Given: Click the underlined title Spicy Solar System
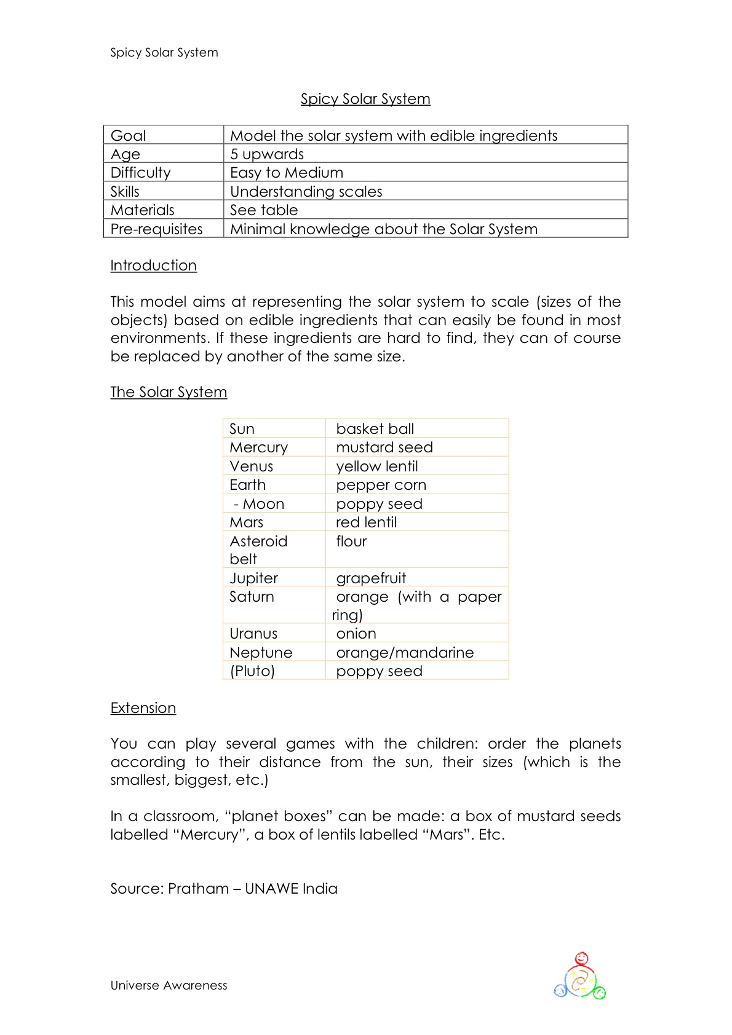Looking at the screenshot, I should click(365, 99).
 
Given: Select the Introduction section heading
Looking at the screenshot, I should click(153, 266).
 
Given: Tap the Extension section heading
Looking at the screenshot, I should click(143, 708).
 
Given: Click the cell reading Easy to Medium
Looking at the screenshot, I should click(287, 173).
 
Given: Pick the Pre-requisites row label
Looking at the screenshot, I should click(156, 229).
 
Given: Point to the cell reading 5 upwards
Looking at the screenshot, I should click(267, 154).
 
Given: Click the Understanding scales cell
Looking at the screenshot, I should click(306, 192).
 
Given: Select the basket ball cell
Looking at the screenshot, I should click(375, 429).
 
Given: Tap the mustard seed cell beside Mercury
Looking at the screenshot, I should click(384, 447).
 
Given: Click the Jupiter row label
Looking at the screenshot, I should click(253, 578).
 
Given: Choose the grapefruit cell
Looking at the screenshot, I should click(371, 578).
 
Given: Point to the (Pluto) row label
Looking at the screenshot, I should click(252, 671).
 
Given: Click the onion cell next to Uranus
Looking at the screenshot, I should click(356, 634).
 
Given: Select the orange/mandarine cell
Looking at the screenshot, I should click(405, 653).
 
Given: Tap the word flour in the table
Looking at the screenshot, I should click(351, 541).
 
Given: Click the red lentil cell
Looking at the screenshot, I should click(366, 522).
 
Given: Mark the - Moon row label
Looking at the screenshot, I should click(258, 504).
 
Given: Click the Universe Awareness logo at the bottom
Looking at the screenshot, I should click(580, 977).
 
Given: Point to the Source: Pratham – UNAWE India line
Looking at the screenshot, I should click(224, 889).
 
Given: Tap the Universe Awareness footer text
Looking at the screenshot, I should click(169, 985).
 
